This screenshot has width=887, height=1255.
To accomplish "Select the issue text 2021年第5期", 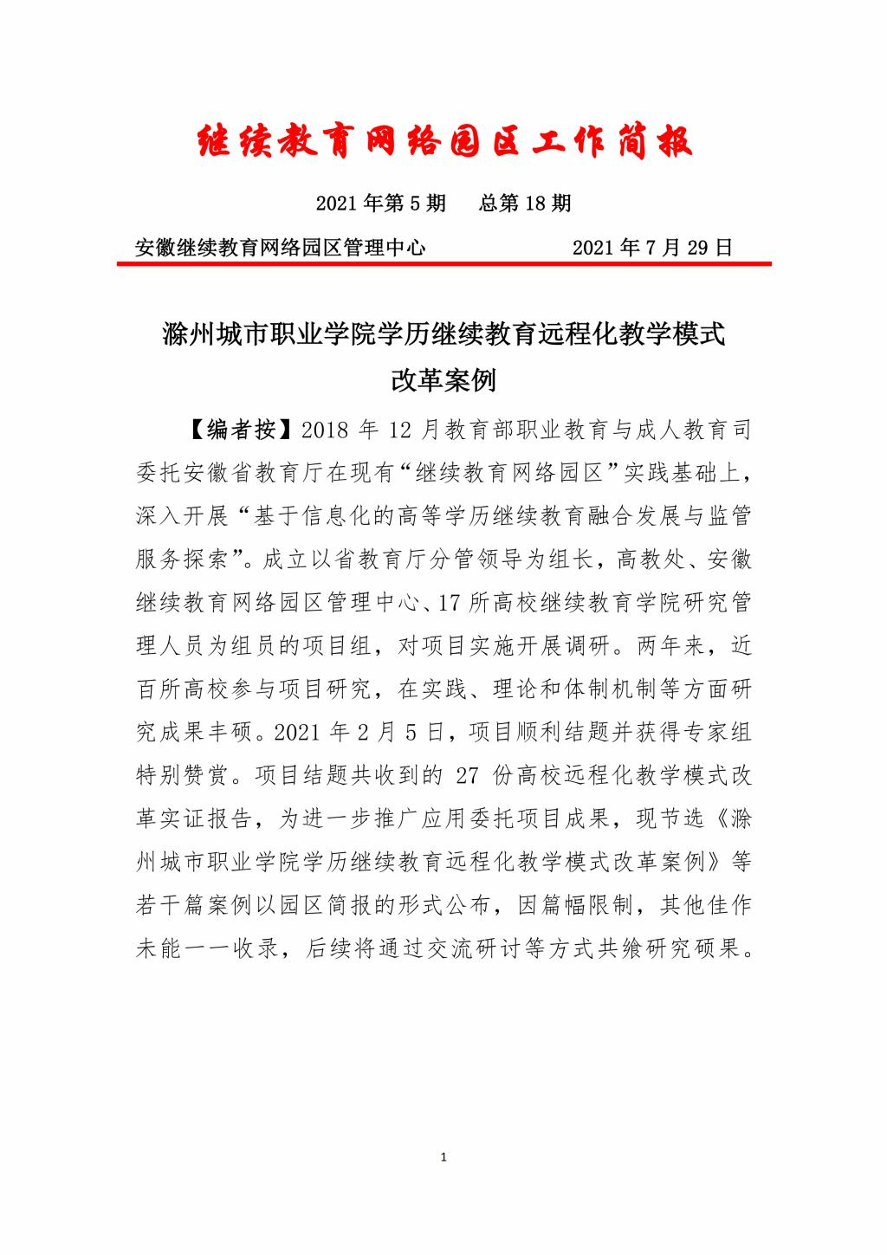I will pyautogui.click(x=380, y=204).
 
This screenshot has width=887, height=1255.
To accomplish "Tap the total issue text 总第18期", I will pyautogui.click(x=524, y=204).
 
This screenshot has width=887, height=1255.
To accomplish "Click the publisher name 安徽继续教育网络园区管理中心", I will pyautogui.click(x=281, y=248).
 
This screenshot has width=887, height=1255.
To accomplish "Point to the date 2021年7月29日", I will pyautogui.click(x=652, y=248).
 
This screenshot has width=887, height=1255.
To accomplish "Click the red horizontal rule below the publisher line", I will pyautogui.click(x=443, y=266).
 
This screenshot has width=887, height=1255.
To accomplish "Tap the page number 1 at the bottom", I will pyautogui.click(x=443, y=1157).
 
